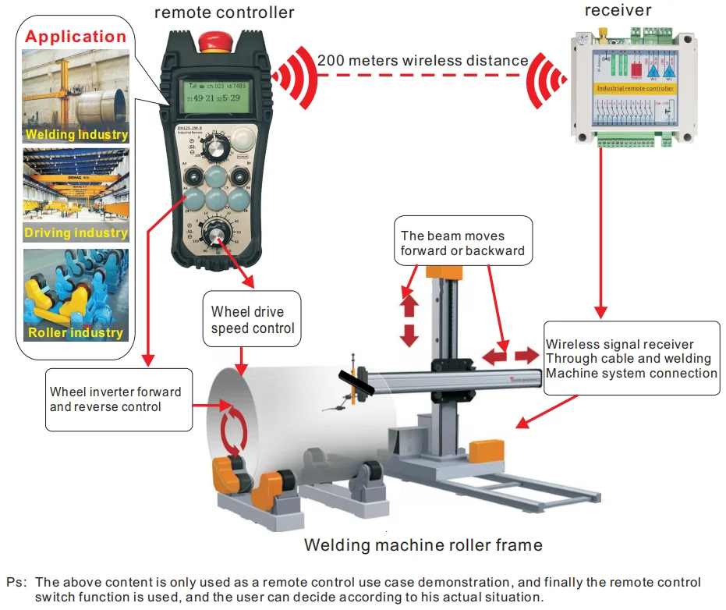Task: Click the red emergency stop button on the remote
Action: click(x=213, y=39)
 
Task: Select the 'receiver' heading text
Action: click(x=618, y=10)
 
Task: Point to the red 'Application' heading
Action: click(x=76, y=37)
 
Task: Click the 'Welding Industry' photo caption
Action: click(x=76, y=134)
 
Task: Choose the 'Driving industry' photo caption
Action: click(x=76, y=232)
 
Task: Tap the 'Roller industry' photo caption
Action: click(x=76, y=333)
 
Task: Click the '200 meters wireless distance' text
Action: click(x=423, y=60)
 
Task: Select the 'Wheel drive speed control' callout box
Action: click(x=253, y=320)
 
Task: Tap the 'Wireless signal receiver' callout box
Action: click(x=631, y=358)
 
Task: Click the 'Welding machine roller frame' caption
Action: click(x=423, y=544)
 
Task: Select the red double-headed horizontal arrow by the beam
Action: click(x=511, y=356)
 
